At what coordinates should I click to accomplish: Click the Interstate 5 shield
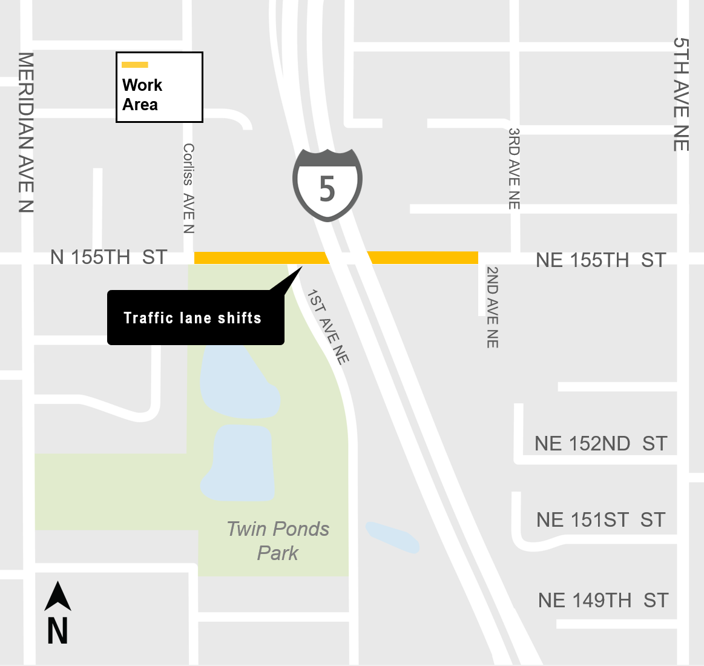pos(327,184)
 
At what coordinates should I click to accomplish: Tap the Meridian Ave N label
pos(26,132)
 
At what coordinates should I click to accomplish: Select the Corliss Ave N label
pos(189,188)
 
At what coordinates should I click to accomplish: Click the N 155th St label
pos(109,257)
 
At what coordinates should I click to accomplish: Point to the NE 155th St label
pos(600,260)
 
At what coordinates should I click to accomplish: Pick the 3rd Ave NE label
pos(514,168)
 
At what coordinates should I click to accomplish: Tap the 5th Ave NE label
pos(681,94)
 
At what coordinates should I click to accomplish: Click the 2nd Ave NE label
pos(493,307)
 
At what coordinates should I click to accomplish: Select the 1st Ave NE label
pos(328,327)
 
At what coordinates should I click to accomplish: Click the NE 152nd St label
pos(600,444)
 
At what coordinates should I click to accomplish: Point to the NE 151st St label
pos(600,520)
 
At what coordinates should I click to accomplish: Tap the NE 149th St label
pos(603,601)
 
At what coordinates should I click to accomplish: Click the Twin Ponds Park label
pos(278,541)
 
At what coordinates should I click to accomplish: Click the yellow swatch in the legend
pos(135,65)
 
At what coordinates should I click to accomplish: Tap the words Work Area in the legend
pos(142,94)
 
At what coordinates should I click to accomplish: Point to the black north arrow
pos(58,596)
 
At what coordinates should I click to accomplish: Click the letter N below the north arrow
pos(58,631)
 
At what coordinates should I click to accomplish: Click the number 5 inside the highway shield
pos(327,189)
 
